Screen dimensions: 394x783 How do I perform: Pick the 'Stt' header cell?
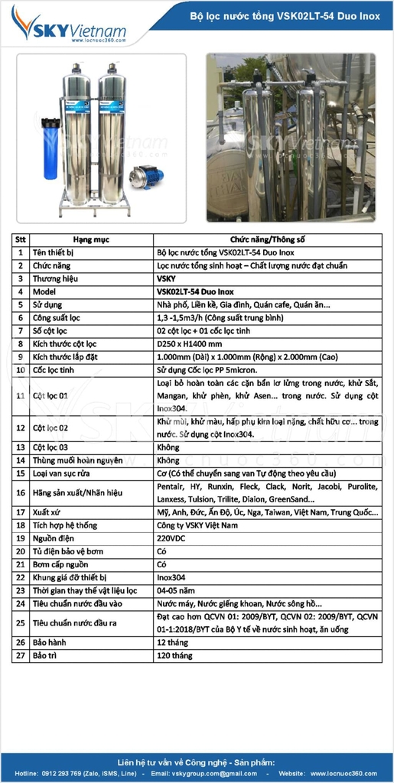coord(21,239)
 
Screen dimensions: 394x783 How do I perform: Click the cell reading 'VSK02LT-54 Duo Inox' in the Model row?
coord(195,291)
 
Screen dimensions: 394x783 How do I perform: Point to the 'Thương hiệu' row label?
coord(55,278)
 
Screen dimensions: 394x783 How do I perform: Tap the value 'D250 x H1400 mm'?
coord(187,343)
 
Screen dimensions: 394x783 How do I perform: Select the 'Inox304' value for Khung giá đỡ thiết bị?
coord(171,577)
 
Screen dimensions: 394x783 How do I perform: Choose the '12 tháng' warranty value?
coord(174,642)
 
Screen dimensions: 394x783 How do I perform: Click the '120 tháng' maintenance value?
coord(175,655)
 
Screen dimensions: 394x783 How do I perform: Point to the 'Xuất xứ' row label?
coord(47,512)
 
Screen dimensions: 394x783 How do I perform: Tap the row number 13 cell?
coord(21,447)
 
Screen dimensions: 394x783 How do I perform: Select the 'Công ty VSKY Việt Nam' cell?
coord(197,525)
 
